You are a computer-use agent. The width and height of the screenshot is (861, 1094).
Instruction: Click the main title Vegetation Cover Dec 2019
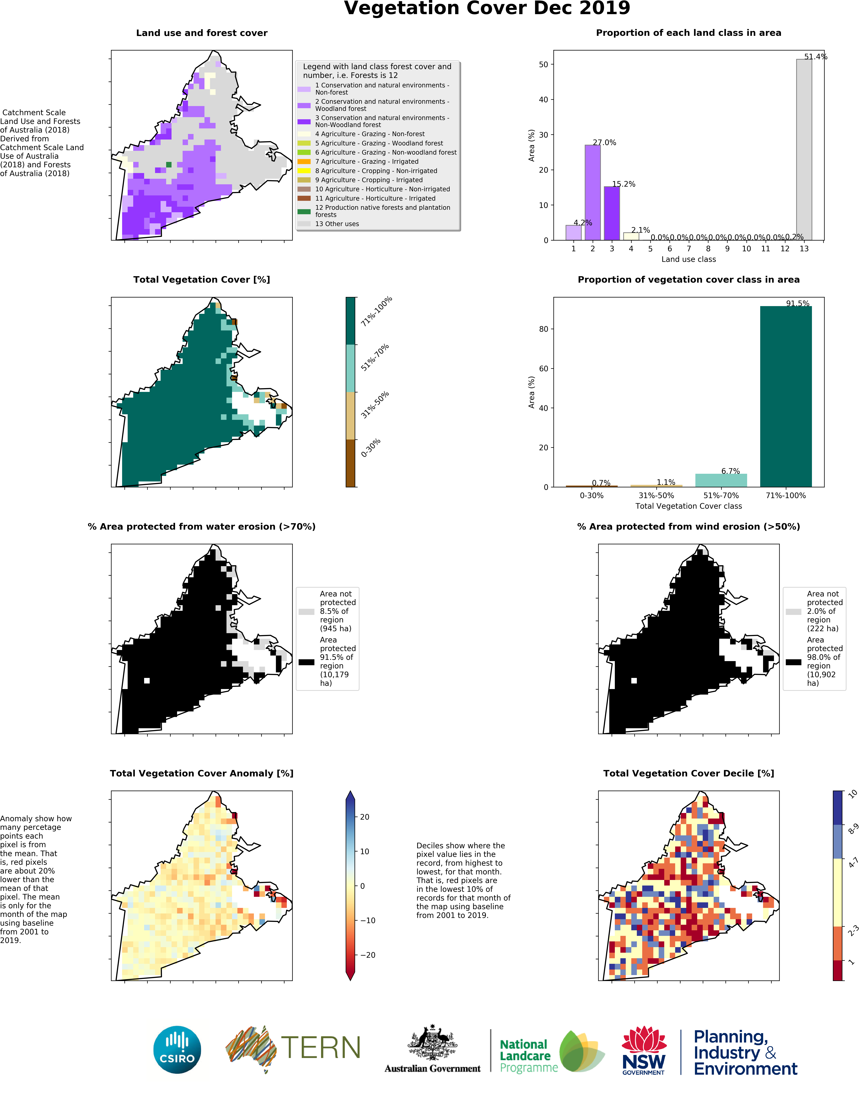[x=487, y=9]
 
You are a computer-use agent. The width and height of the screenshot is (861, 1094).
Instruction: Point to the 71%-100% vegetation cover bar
[x=786, y=396]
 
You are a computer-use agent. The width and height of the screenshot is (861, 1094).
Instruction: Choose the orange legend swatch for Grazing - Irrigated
[x=304, y=161]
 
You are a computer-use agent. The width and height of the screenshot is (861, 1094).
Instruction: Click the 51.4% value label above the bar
[x=816, y=56]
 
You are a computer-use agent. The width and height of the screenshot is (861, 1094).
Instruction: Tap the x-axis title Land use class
[x=689, y=259]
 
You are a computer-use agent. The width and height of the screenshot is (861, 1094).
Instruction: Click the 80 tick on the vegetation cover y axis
[x=543, y=329]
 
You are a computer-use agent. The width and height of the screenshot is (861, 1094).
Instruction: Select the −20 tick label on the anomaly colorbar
[x=368, y=955]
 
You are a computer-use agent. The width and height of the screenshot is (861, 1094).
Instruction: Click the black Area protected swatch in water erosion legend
[x=307, y=662]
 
